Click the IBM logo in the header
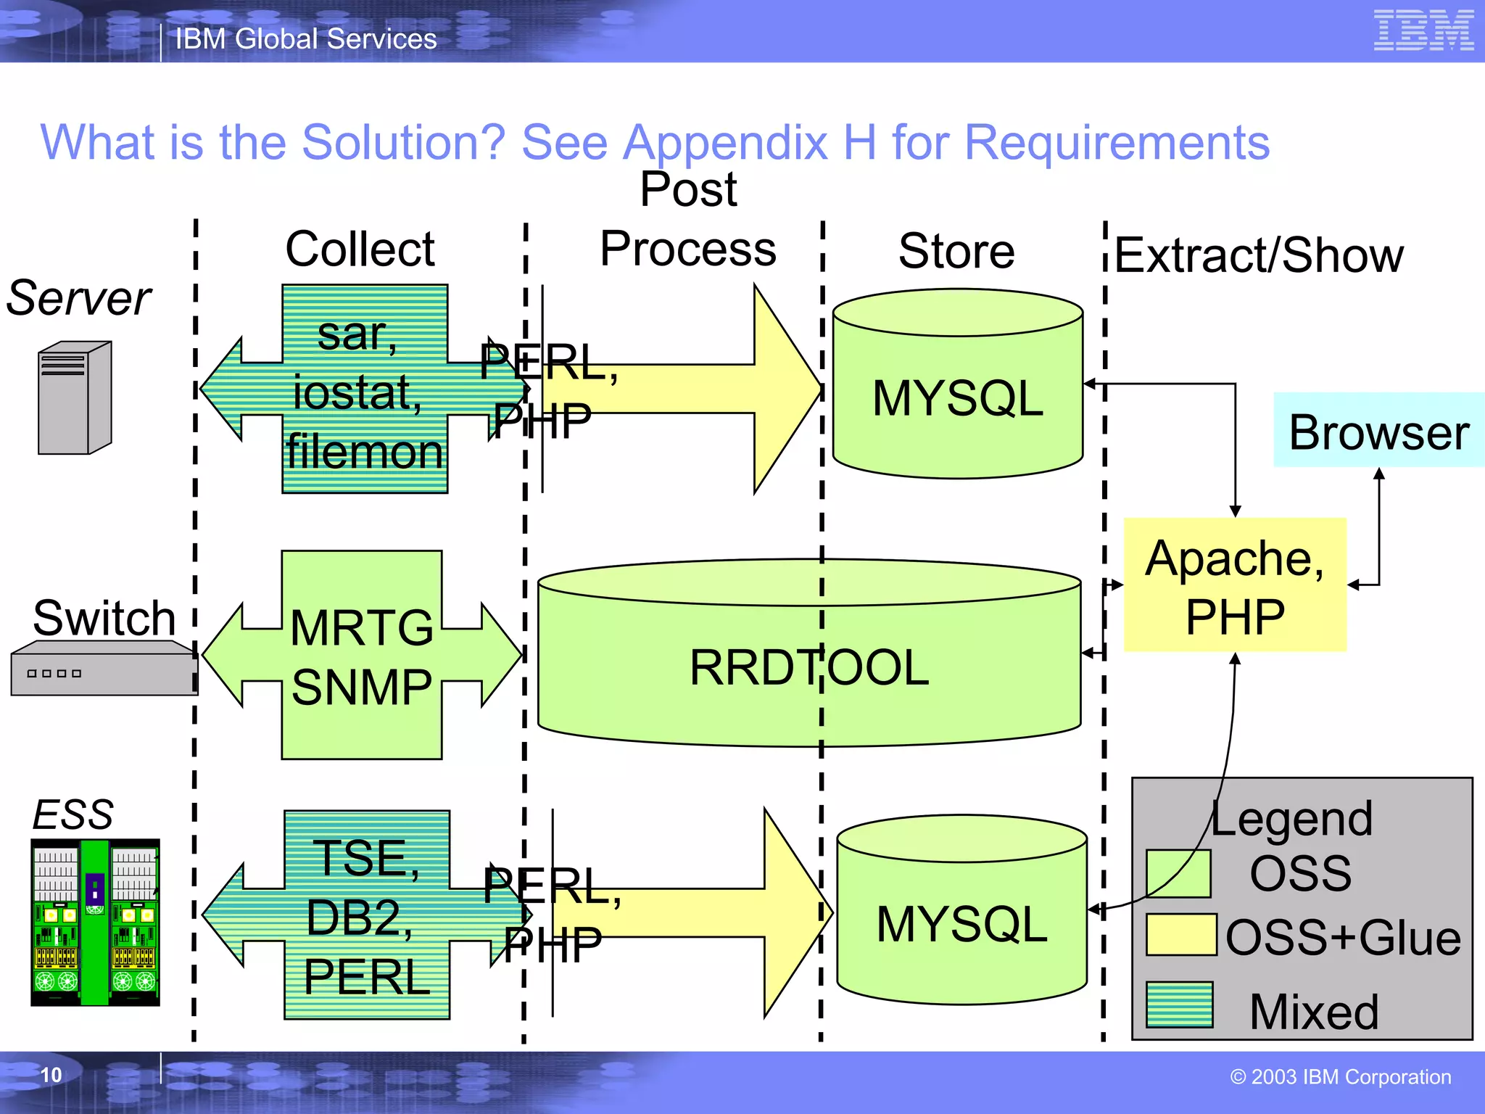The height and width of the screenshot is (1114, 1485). [1423, 30]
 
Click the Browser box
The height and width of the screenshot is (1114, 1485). [1378, 431]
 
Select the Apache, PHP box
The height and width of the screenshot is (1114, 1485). [1234, 585]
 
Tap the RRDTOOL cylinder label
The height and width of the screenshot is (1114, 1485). [808, 667]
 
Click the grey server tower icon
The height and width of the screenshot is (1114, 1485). [75, 397]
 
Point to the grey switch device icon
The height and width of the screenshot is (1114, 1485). [103, 668]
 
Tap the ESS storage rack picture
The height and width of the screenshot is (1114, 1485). [95, 922]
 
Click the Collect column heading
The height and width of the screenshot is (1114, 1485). [360, 249]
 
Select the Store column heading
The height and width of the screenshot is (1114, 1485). [956, 251]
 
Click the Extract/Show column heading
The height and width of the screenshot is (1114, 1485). [1258, 255]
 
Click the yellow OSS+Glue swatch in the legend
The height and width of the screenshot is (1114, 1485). [1180, 935]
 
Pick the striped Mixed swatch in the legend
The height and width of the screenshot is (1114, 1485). [1179, 1004]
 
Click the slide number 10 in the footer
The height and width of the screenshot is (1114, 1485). [51, 1075]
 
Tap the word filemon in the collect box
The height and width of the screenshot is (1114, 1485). [365, 452]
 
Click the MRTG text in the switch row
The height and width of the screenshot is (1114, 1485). [361, 627]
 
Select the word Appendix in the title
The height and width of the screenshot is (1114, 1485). [725, 143]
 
